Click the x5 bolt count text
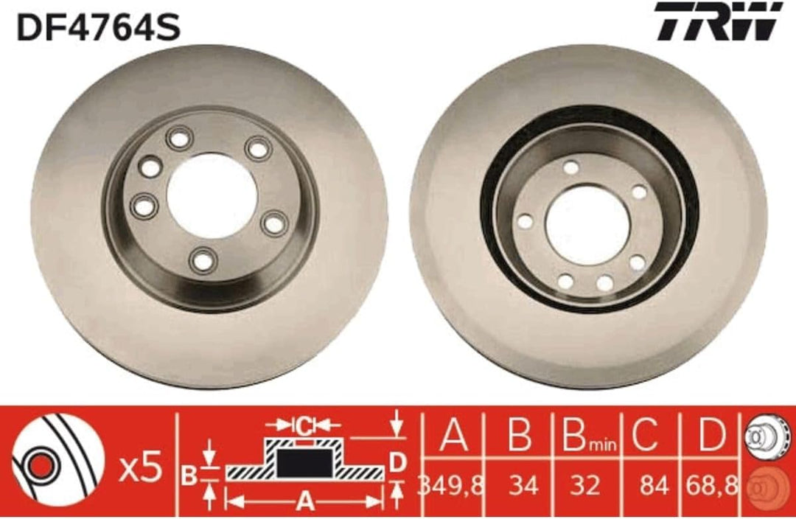point(141,468)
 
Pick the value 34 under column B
point(523,486)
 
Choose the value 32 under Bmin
point(584,486)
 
